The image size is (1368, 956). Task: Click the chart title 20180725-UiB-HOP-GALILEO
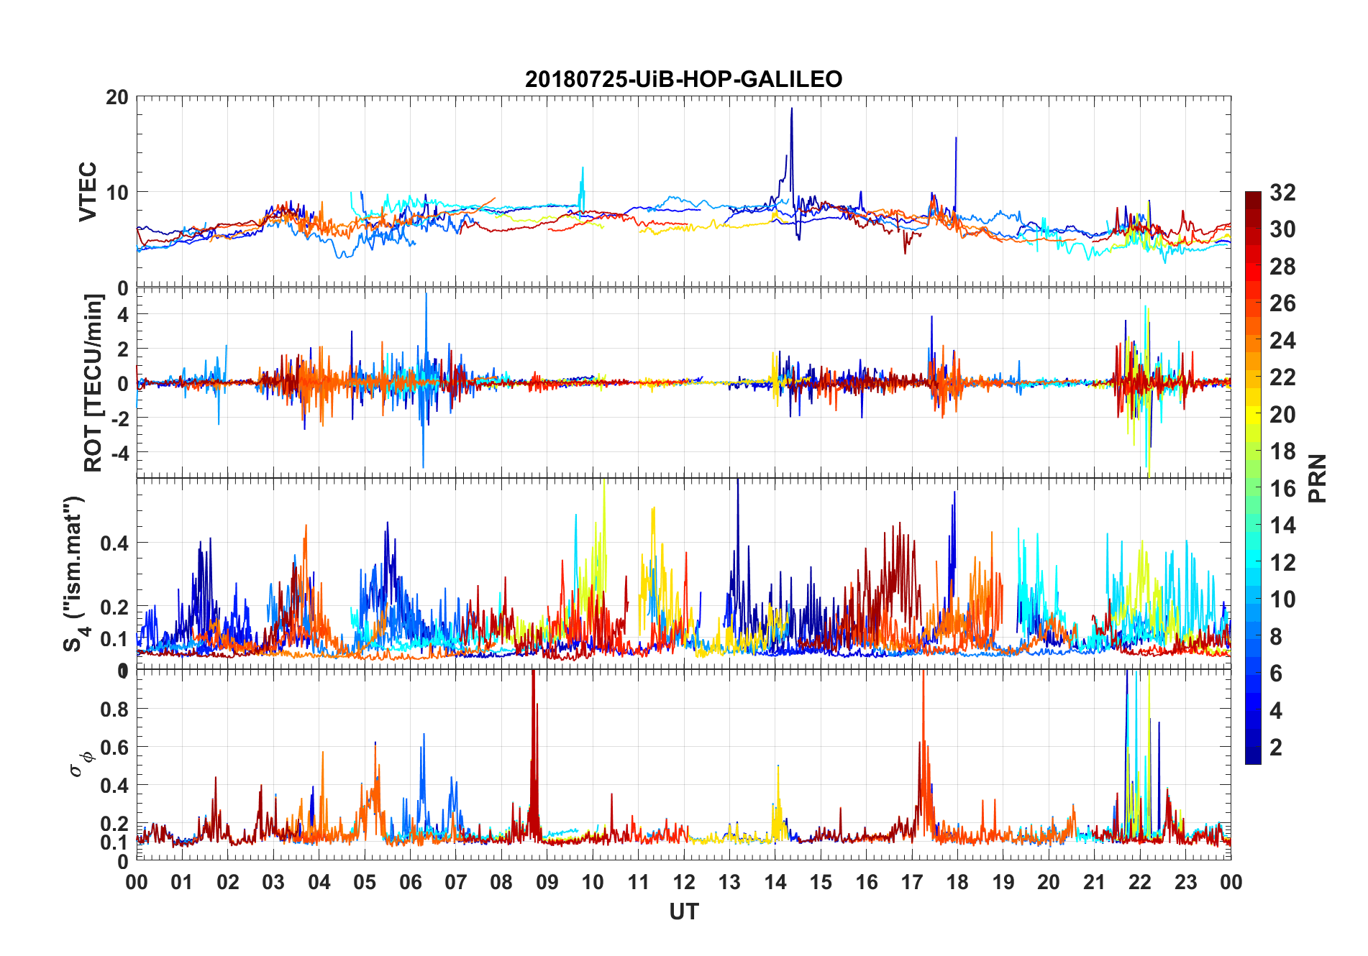click(x=683, y=79)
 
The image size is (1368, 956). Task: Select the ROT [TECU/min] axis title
click(x=94, y=382)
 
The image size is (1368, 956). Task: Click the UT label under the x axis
click(x=683, y=912)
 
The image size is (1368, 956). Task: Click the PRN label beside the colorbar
click(x=1318, y=478)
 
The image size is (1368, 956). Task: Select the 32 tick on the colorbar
click(x=1282, y=193)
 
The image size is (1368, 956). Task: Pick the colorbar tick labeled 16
click(x=1282, y=489)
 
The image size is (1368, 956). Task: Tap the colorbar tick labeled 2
click(x=1276, y=748)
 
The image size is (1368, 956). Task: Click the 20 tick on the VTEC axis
click(x=117, y=97)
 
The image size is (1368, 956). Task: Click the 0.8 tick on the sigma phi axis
click(x=116, y=709)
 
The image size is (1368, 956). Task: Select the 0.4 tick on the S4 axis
click(x=115, y=543)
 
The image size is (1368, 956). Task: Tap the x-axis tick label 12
click(x=684, y=883)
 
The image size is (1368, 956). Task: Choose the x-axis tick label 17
click(x=912, y=883)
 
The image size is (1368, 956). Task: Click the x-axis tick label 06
click(x=410, y=883)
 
